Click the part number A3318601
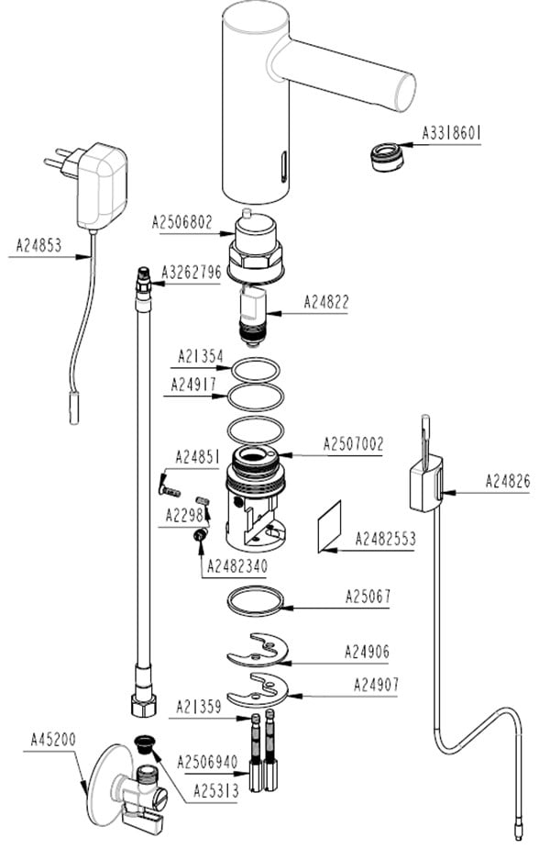[452, 133]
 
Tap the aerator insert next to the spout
[385, 156]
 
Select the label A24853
[38, 245]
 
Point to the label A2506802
[182, 222]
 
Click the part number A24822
[326, 302]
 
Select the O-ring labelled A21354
[257, 371]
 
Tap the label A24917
[193, 385]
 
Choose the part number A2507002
[353, 444]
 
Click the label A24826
[508, 481]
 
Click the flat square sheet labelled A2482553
[329, 526]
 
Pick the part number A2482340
[237, 566]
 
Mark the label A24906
[368, 652]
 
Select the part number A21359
[199, 707]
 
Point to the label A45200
[53, 740]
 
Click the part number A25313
[215, 791]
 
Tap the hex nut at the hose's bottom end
[143, 704]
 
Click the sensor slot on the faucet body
[283, 166]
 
